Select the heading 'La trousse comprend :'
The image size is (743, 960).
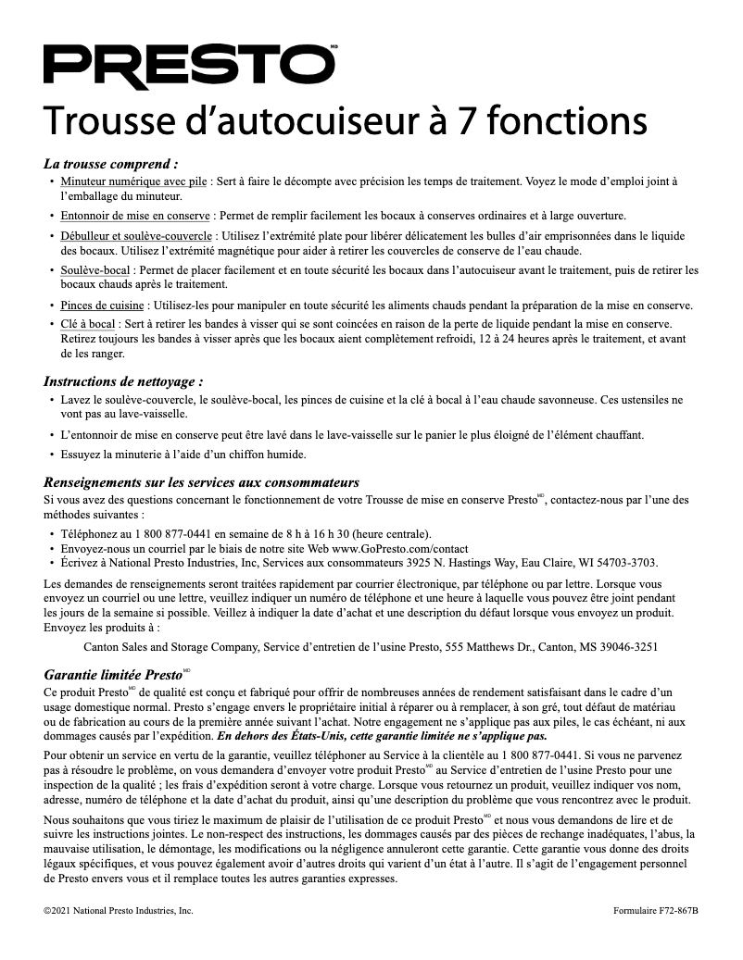point(111,163)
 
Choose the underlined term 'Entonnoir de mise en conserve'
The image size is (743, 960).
point(135,215)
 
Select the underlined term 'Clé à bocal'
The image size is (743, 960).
point(88,323)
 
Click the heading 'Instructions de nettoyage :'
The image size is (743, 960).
point(123,380)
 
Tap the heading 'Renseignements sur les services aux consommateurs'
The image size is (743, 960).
point(201,482)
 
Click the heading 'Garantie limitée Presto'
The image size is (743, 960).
point(112,674)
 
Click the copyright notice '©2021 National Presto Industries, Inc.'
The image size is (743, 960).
point(119,911)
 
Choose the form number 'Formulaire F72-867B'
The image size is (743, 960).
point(655,911)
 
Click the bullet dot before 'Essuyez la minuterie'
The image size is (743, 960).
point(51,455)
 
